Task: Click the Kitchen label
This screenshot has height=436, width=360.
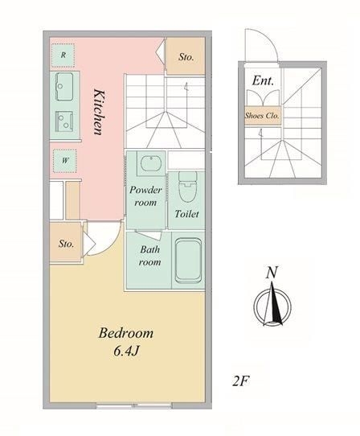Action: [x=99, y=112]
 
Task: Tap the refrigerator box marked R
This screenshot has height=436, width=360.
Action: [x=63, y=55]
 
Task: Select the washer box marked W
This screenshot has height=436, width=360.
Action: [x=65, y=161]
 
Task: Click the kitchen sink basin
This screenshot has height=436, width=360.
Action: [x=64, y=86]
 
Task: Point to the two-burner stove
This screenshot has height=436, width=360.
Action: [x=64, y=121]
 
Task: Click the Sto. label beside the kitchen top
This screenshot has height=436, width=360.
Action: [x=186, y=57]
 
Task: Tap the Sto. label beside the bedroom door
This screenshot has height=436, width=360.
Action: [x=66, y=244]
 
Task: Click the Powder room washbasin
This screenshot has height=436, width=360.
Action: [x=151, y=163]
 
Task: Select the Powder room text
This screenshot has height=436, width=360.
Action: [x=145, y=196]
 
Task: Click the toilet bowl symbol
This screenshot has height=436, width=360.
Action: [x=187, y=187]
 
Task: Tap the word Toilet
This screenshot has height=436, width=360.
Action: [x=186, y=214]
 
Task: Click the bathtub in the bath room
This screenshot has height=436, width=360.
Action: [x=188, y=261]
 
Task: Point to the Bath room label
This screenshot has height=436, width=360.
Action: [x=149, y=256]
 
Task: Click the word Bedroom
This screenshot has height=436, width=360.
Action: [x=126, y=333]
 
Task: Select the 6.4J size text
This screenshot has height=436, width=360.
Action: [x=126, y=352]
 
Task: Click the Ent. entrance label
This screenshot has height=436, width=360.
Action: [x=263, y=80]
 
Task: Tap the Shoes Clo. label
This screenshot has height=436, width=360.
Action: [x=262, y=115]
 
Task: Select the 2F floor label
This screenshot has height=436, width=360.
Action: [x=240, y=381]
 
